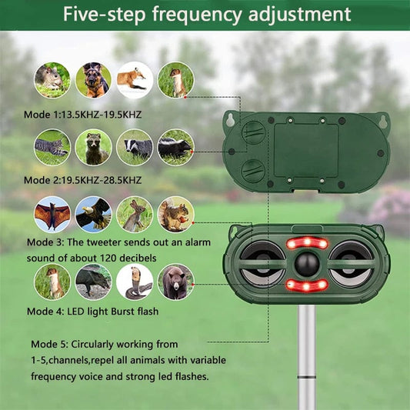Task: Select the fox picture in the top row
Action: coord(134,79)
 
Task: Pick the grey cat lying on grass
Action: coord(52,147)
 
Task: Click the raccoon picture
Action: coord(94,147)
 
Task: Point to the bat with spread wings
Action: coord(52,214)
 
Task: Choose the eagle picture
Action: coord(94,214)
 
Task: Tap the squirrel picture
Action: coord(175,214)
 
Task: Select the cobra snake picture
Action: coord(134,282)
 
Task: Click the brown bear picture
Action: coord(175,282)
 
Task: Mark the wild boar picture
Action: coord(94,282)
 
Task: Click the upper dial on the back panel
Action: coord(252,132)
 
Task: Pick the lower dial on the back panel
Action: coord(252,170)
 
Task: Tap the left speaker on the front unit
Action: coord(258,263)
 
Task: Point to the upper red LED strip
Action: coord(305,243)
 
